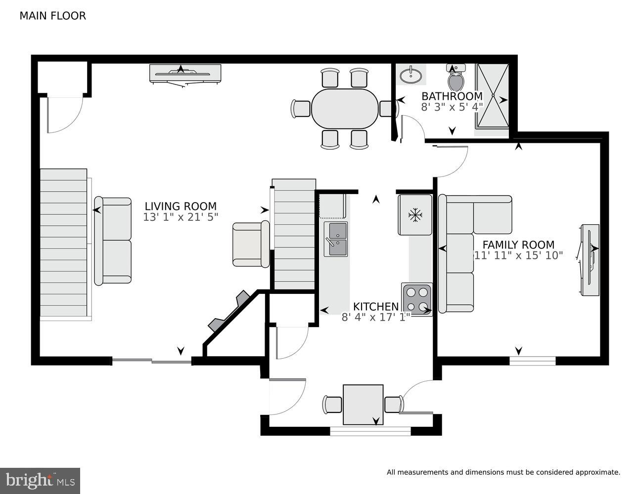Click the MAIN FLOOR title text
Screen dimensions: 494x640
click(52, 16)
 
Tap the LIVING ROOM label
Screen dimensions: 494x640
click(180, 206)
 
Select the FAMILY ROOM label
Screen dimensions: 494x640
click(518, 245)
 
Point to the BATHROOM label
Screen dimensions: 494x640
click(452, 96)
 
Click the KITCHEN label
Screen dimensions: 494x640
click(375, 307)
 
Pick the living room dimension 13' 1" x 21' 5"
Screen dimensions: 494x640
click(180, 217)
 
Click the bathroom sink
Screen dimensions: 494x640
click(411, 76)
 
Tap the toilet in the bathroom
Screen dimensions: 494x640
click(456, 78)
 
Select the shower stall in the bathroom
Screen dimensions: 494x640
click(492, 99)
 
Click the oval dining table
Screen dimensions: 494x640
click(344, 108)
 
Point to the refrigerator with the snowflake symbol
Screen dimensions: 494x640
click(414, 215)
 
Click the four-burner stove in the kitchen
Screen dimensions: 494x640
click(416, 299)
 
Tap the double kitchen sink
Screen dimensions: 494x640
click(335, 239)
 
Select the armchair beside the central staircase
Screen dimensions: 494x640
click(250, 245)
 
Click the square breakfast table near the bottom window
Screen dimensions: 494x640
click(363, 405)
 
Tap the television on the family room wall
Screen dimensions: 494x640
click(590, 260)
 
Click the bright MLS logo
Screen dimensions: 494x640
click(41, 480)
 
